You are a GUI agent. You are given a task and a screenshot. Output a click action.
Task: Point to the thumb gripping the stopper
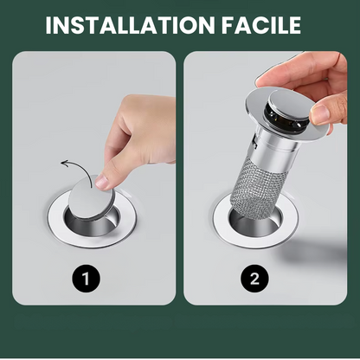point(322,113)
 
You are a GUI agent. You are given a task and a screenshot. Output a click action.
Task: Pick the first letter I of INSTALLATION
point(49,24)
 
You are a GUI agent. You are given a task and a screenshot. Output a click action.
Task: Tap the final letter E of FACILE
point(308,24)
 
